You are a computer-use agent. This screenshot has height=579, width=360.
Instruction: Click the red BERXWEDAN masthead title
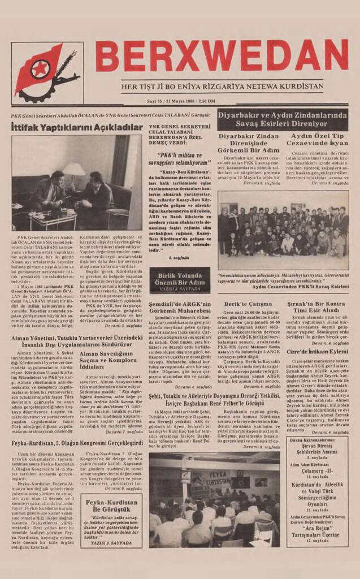pyautogui.click(x=221, y=55)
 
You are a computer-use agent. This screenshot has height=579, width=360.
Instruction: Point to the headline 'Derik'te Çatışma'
pyautogui.click(x=241, y=303)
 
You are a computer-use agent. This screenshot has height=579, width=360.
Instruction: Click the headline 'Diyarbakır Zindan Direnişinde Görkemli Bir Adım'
pyautogui.click(x=248, y=144)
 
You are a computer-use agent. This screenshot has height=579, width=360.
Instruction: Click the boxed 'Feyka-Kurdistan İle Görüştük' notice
pyautogui.click(x=111, y=521)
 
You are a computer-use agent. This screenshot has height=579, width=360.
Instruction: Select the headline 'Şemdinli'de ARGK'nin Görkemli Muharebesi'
pyautogui.click(x=179, y=306)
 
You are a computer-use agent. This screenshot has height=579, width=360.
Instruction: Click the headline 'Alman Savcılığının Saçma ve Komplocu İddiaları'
pyautogui.click(x=111, y=358)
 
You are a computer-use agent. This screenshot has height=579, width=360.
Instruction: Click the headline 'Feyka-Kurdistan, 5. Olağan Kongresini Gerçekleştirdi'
pyautogui.click(x=76, y=443)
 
